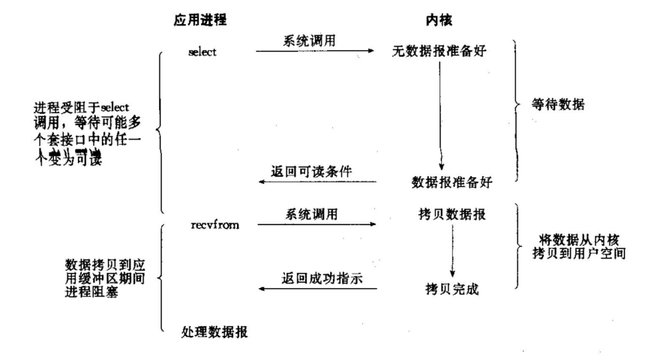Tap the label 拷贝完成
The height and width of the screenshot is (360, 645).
coord(452,287)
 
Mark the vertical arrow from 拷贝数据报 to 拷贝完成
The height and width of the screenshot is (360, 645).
coord(451,251)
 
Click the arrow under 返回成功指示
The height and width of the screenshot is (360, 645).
coord(315,289)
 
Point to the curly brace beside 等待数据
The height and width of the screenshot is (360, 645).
coord(517,105)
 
